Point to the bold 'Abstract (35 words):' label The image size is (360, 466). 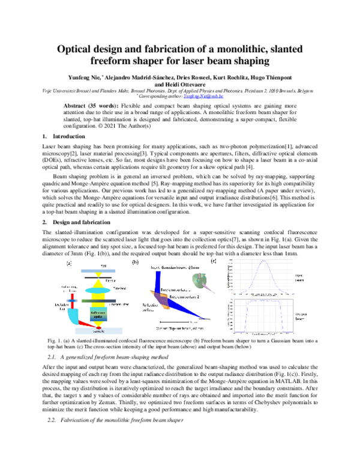[x=88, y=105]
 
